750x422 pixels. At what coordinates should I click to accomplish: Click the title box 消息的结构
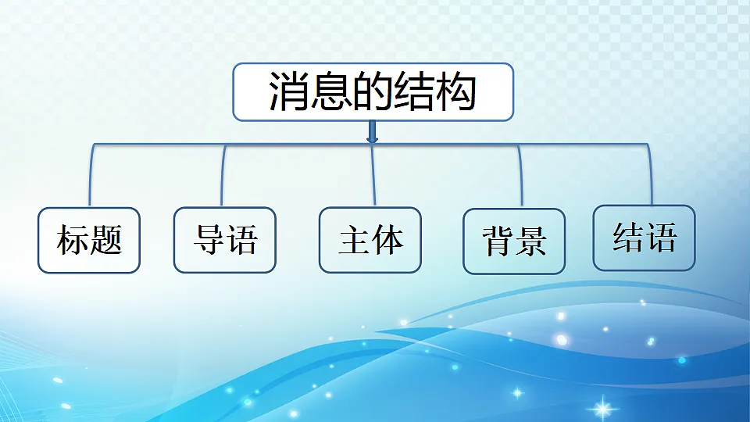click(373, 91)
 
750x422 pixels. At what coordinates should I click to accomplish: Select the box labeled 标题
click(89, 240)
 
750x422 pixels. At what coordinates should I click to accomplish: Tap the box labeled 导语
click(225, 240)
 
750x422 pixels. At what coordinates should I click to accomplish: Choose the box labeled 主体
click(370, 240)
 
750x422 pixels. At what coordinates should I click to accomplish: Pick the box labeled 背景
click(514, 241)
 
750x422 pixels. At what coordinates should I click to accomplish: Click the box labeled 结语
click(644, 238)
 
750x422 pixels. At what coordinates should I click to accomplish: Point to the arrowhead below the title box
click(372, 139)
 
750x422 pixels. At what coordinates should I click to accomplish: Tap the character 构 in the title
click(456, 92)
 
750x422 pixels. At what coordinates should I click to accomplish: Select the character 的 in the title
click(373, 92)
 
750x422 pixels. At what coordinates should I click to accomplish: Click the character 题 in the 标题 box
click(106, 240)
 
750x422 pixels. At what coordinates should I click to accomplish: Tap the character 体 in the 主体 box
click(387, 240)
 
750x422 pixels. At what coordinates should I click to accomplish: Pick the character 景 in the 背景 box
click(530, 242)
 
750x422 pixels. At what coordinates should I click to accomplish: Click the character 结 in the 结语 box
click(627, 238)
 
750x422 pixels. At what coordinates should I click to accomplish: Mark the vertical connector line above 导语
click(223, 176)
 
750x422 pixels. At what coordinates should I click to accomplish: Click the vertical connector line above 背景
click(520, 176)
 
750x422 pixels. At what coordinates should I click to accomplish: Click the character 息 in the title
click(331, 92)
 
